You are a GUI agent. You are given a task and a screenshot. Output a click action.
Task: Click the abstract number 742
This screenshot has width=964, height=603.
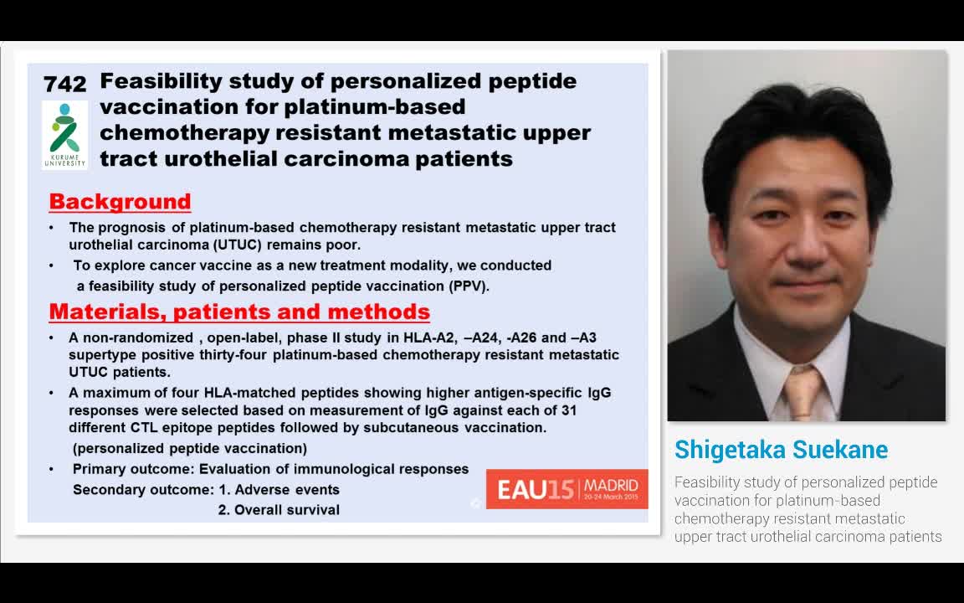[x=64, y=84]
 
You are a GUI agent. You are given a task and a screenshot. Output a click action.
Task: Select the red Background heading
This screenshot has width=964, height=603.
[x=120, y=202]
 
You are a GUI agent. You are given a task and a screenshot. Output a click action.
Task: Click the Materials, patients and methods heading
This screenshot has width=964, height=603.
[x=239, y=312]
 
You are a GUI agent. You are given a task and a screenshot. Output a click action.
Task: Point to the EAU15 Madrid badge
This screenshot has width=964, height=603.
[x=567, y=488]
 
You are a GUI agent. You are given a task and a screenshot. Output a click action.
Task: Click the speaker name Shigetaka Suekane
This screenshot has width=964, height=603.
[x=781, y=450]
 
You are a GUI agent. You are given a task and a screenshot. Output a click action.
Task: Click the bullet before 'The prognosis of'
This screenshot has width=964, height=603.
[x=53, y=228]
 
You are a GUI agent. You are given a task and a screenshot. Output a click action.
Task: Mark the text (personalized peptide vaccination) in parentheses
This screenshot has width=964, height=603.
[x=190, y=448]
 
